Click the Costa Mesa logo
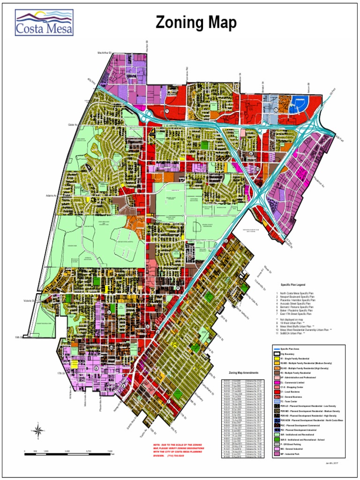tap(45, 23)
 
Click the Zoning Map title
tap(196, 22)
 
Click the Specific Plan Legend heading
tap(293, 285)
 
